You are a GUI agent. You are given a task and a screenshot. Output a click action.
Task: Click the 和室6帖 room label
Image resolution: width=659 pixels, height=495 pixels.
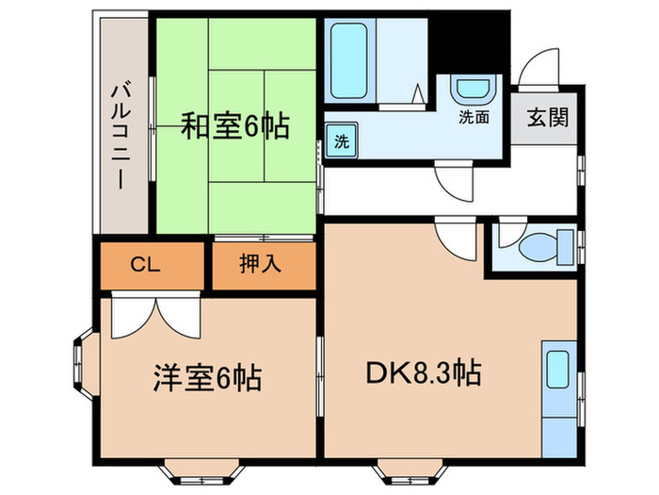pyautogui.click(x=234, y=126)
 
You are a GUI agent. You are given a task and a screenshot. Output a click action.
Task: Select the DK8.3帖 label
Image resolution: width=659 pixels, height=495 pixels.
pyautogui.click(x=423, y=373)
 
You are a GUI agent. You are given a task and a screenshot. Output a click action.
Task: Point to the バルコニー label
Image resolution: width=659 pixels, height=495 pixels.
pyautogui.click(x=121, y=132)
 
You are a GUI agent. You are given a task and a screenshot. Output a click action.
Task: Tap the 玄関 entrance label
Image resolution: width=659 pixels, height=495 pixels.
pyautogui.click(x=547, y=119)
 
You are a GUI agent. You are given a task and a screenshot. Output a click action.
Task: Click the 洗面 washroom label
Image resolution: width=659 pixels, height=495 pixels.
pyautogui.click(x=474, y=119)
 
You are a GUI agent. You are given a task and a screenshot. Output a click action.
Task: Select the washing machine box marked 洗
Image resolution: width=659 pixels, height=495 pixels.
pyautogui.click(x=342, y=142)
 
